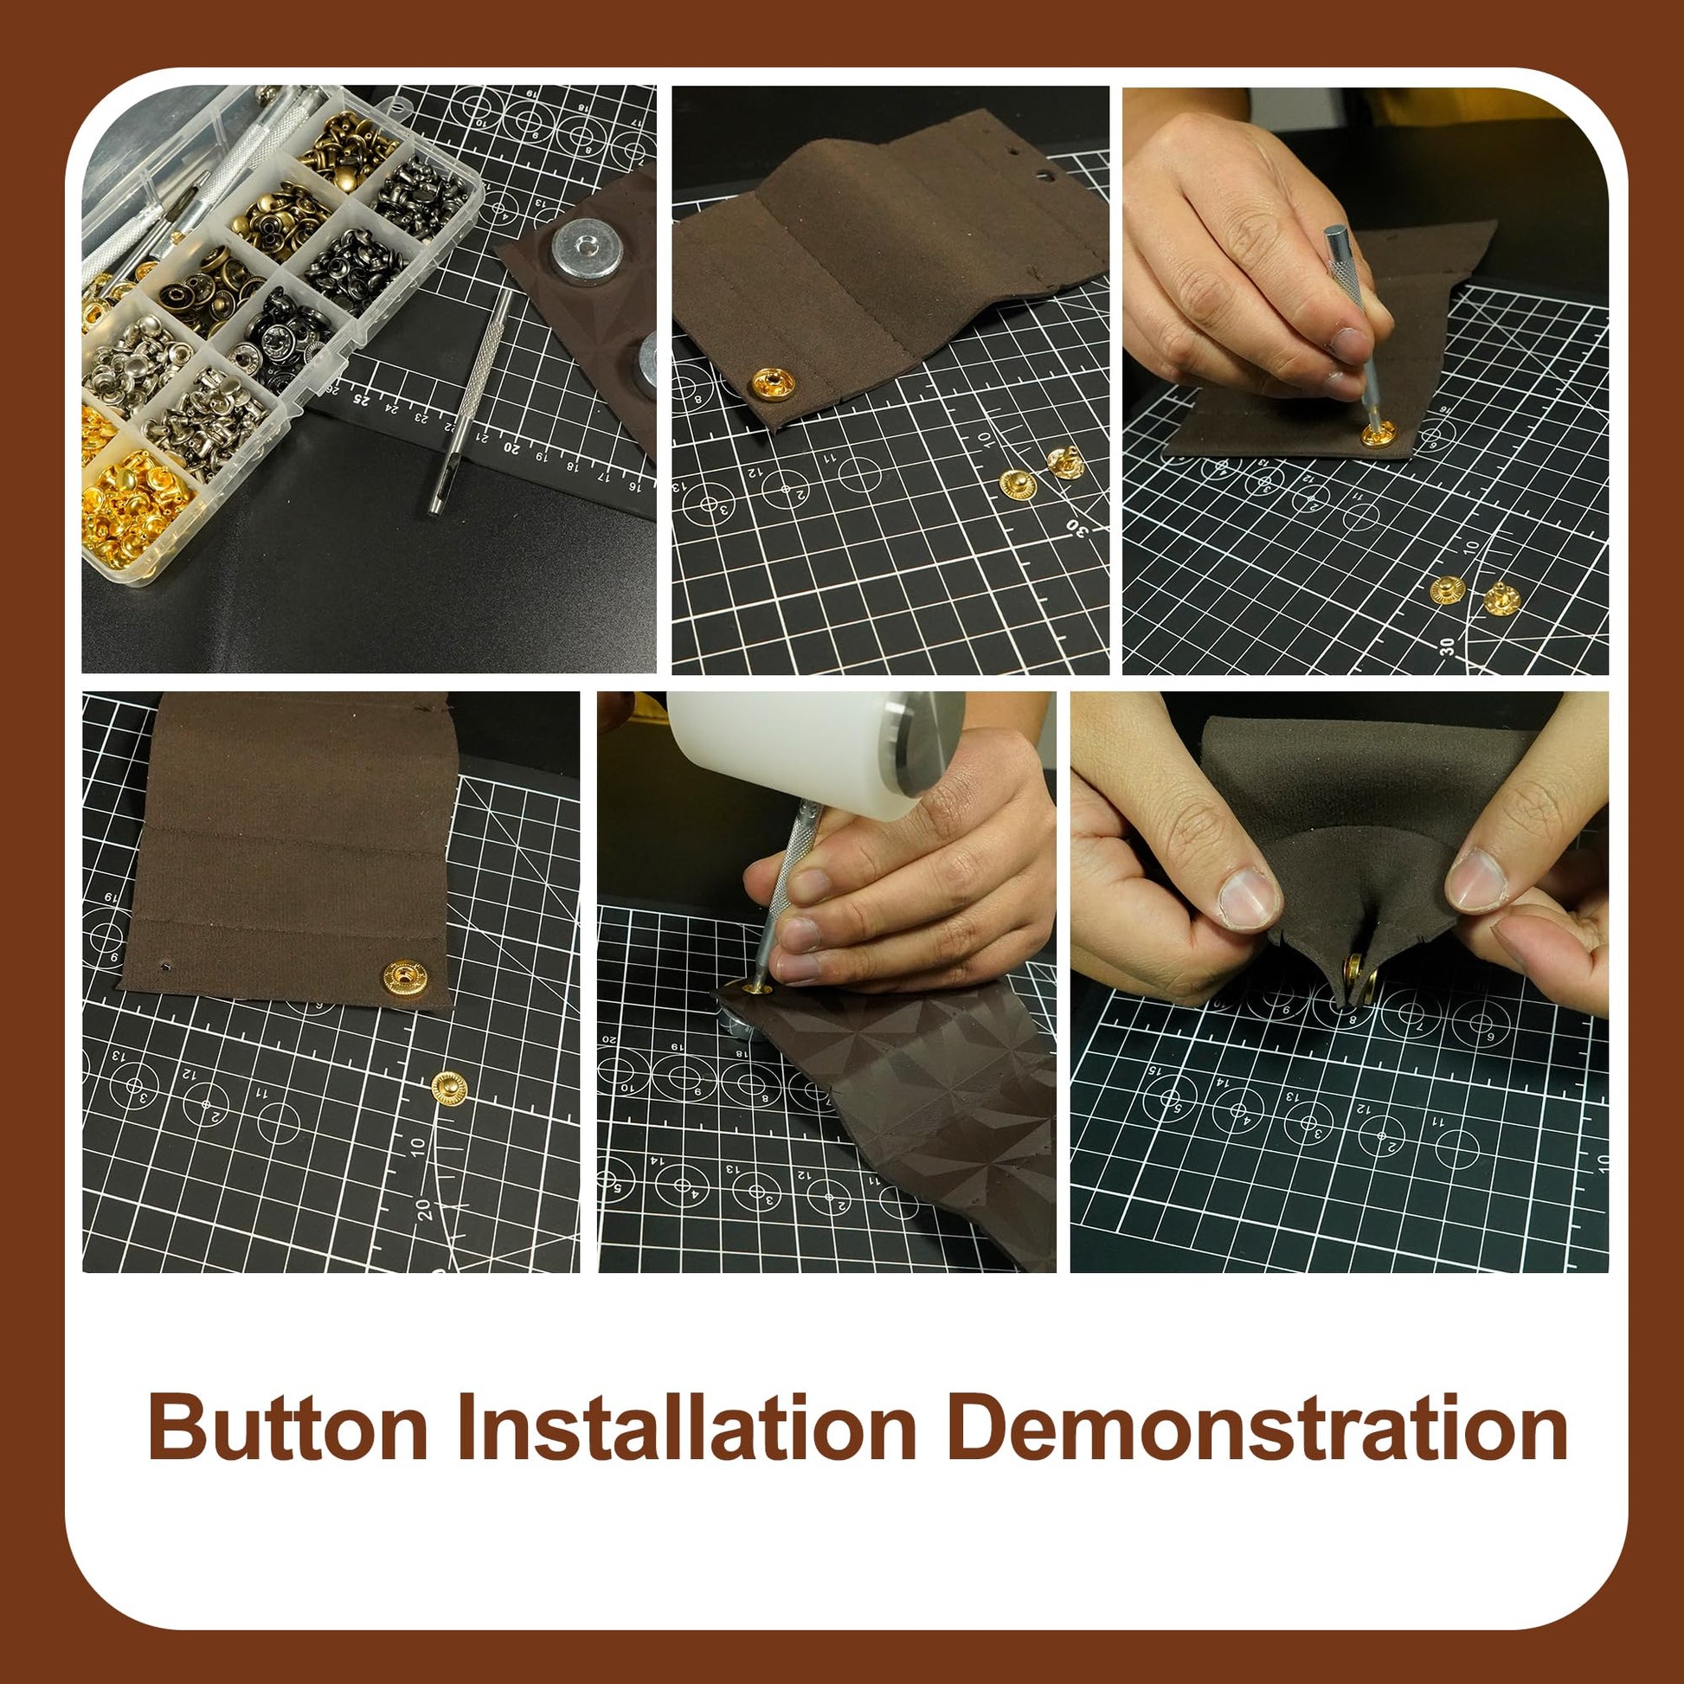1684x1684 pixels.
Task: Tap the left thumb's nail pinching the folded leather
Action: (x=1246, y=897)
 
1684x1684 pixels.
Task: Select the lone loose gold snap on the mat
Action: (x=449, y=1087)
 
